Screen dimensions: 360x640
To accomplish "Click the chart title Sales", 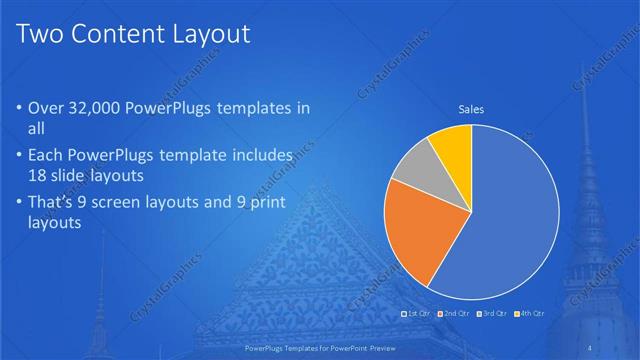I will tap(471, 109).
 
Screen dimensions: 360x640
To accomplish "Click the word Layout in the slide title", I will tap(204, 35).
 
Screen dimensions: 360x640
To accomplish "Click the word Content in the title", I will tap(112, 35).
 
